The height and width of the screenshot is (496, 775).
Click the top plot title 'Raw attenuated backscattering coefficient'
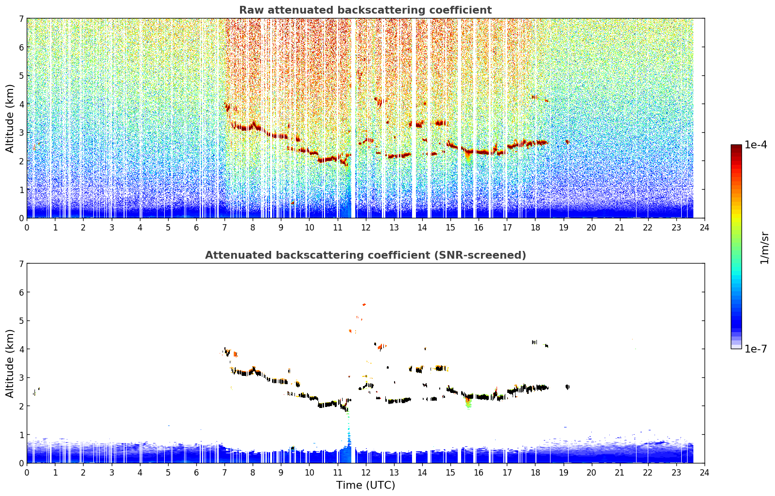click(x=365, y=10)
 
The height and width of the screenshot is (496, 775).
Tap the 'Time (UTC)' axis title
click(x=365, y=485)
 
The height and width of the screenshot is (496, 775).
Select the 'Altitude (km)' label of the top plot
click(x=9, y=119)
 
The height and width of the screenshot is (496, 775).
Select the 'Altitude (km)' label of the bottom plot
click(x=9, y=363)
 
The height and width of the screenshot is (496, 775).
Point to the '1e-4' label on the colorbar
click(x=756, y=145)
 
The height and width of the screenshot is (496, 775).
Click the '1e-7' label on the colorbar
click(x=756, y=349)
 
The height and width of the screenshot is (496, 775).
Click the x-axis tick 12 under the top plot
click(x=366, y=228)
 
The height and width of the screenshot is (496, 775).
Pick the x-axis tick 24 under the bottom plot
click(x=705, y=473)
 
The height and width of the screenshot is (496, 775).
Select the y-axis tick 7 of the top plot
click(x=21, y=18)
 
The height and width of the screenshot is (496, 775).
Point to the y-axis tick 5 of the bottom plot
click(x=21, y=321)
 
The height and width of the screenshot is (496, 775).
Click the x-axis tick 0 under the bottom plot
click(x=27, y=473)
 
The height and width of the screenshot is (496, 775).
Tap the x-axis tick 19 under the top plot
click(x=564, y=228)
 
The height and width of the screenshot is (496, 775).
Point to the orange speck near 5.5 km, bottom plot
click(x=364, y=304)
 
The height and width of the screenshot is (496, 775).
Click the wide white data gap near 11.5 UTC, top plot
click(x=353, y=118)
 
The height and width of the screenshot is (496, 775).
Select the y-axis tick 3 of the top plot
click(x=21, y=133)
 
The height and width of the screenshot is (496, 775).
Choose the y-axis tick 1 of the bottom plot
click(x=21, y=435)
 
